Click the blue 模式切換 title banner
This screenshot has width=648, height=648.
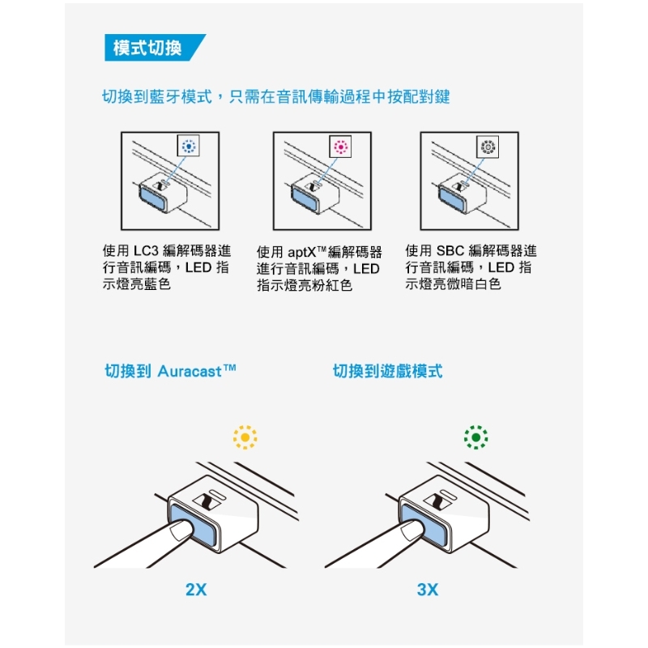click(x=154, y=48)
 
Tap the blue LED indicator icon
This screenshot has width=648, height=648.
click(x=189, y=146)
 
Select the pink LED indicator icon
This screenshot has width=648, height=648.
click(x=340, y=147)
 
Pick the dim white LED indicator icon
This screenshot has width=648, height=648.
click(x=488, y=147)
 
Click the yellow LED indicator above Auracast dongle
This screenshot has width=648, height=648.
click(x=245, y=437)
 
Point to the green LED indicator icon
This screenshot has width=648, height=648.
click(x=475, y=437)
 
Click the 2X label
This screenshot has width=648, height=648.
click(x=196, y=590)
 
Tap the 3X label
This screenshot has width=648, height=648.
click(x=428, y=590)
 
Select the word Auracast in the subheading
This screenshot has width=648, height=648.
click(x=190, y=371)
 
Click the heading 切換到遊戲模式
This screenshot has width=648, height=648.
click(x=388, y=371)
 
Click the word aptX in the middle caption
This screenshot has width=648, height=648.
click(x=301, y=252)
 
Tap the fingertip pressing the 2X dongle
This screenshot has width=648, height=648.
click(x=181, y=531)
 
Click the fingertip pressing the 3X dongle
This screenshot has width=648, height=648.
click(x=412, y=531)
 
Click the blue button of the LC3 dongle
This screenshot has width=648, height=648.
click(x=153, y=198)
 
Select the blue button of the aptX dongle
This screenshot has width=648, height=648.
click(x=305, y=198)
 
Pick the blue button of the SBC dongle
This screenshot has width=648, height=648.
click(x=452, y=198)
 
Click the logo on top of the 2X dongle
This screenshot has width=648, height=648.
click(x=207, y=502)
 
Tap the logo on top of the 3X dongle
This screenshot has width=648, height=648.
click(x=437, y=502)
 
